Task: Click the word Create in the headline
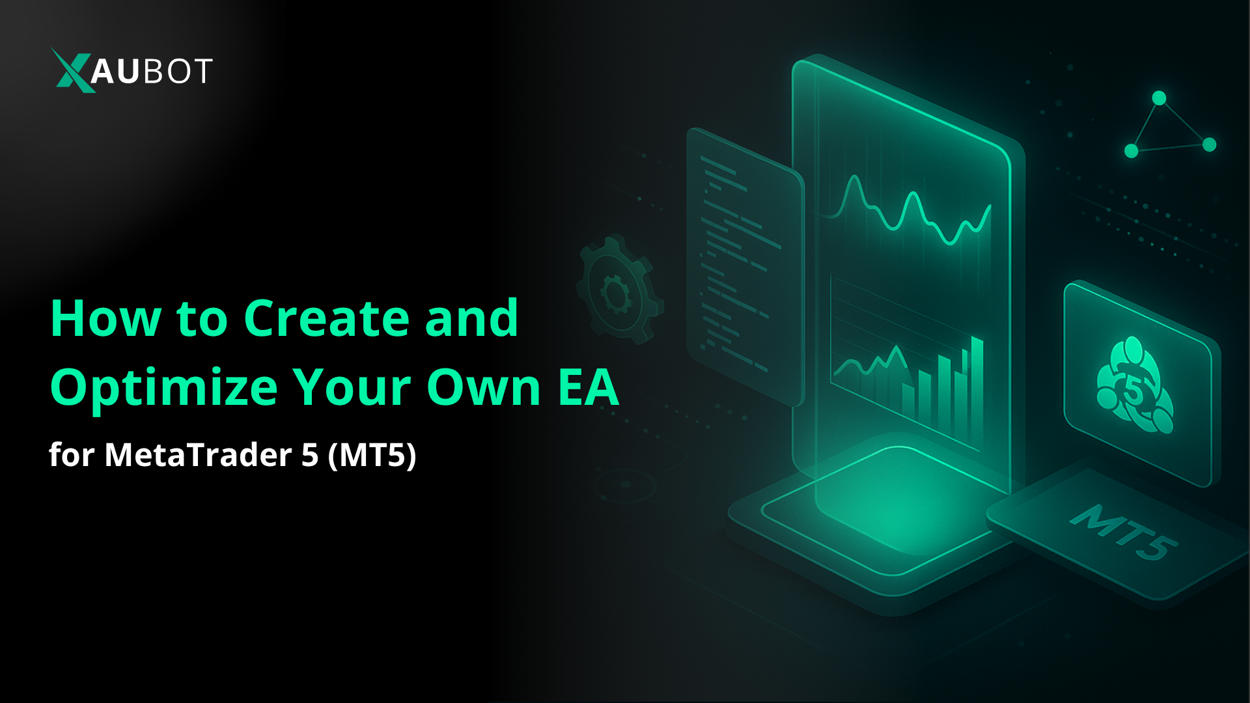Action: [325, 318]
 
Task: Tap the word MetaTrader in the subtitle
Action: [198, 454]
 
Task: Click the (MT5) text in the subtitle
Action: [372, 454]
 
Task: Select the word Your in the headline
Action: [352, 389]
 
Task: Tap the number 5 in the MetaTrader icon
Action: [1133, 391]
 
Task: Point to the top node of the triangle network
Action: [1159, 98]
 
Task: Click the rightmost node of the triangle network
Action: [1210, 145]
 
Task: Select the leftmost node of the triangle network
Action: [1132, 151]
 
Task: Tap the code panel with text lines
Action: [742, 260]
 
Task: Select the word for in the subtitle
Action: [72, 454]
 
